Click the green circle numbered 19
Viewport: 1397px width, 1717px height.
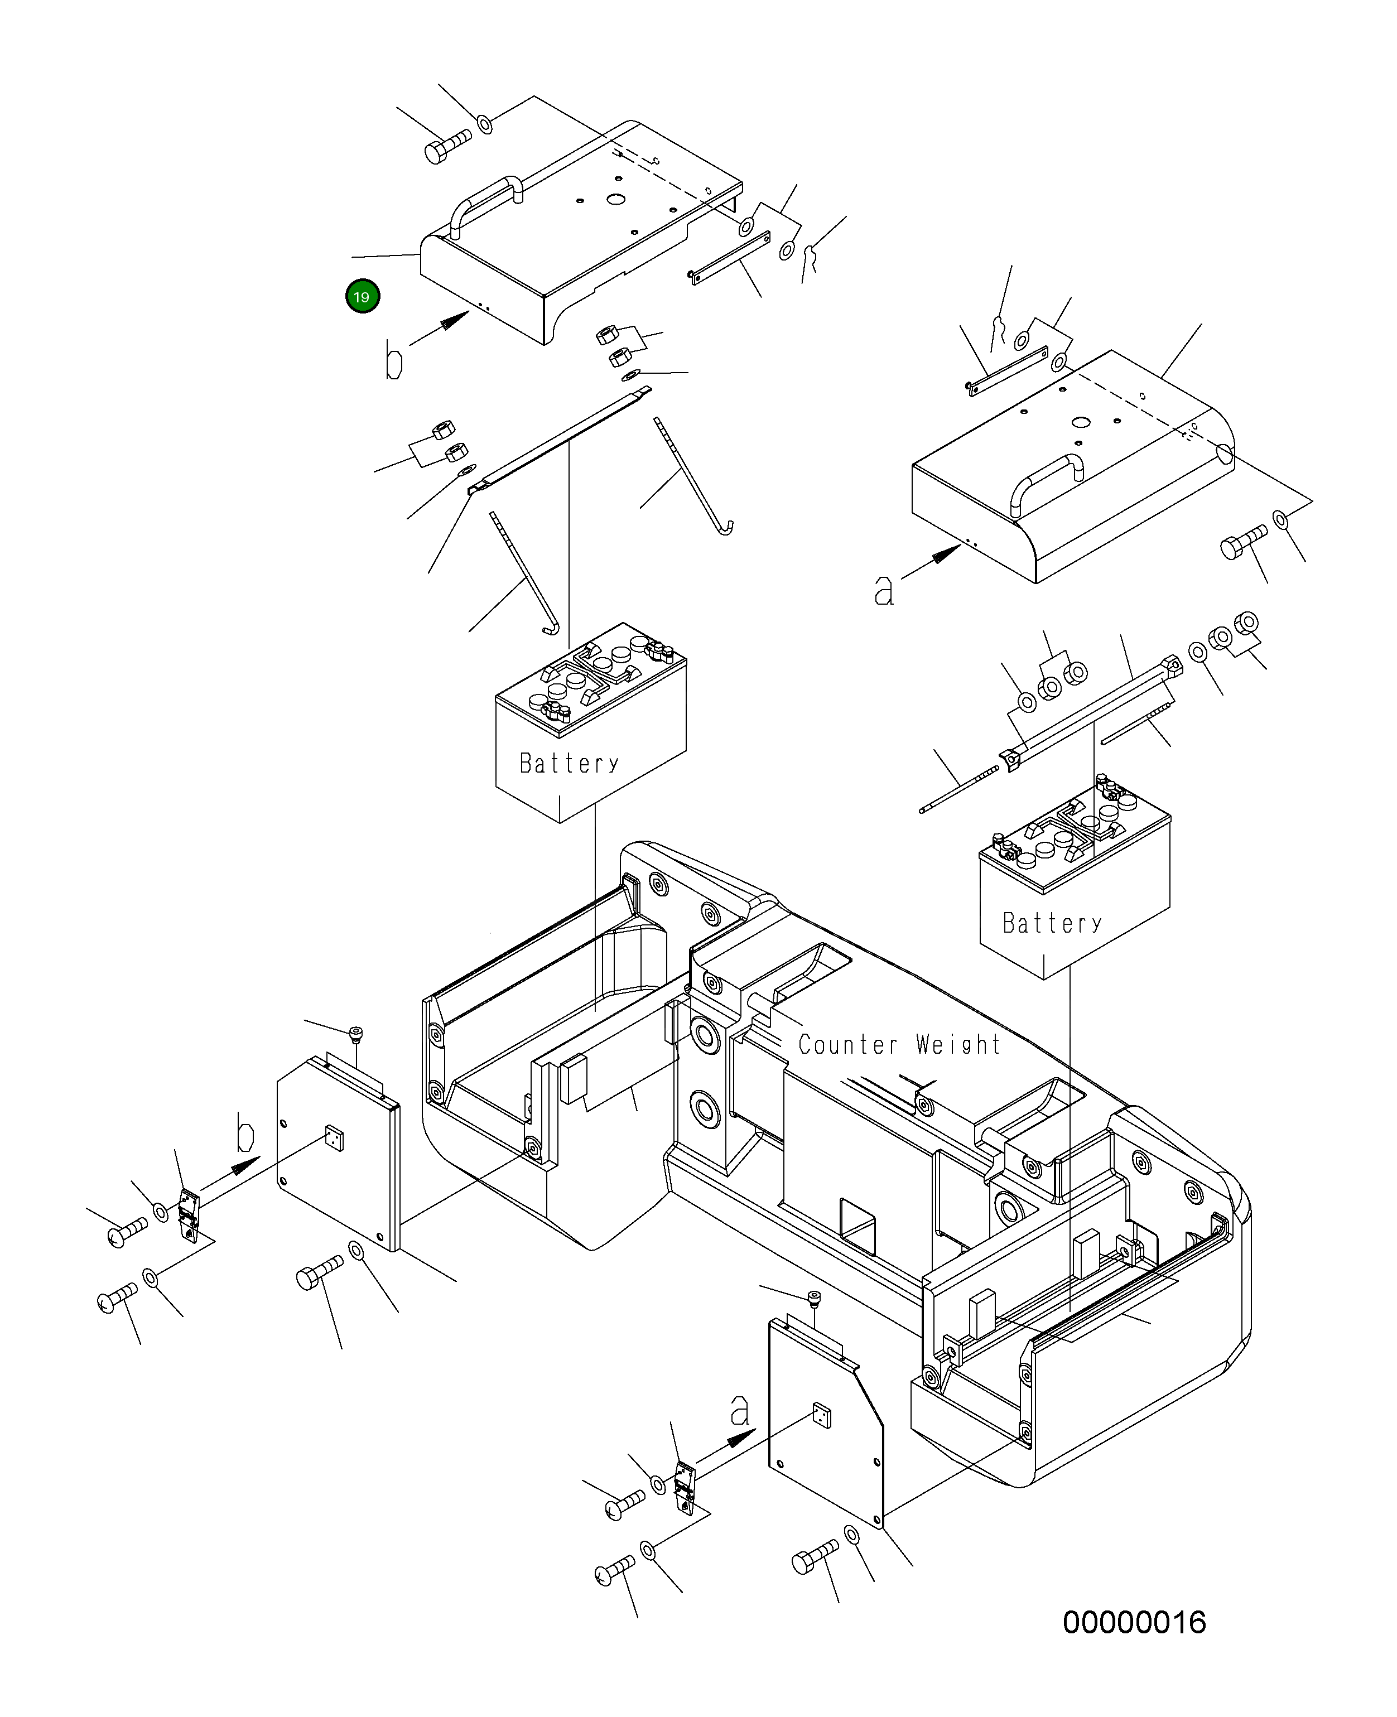[362, 297]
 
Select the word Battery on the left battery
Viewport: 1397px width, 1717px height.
[569, 763]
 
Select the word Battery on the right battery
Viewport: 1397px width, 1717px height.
[1052, 923]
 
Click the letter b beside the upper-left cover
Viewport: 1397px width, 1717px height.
[393, 360]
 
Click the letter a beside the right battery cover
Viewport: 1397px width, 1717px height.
[884, 591]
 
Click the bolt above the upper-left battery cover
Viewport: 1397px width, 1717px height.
[447, 147]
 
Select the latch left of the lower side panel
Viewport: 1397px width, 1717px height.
[685, 1488]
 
